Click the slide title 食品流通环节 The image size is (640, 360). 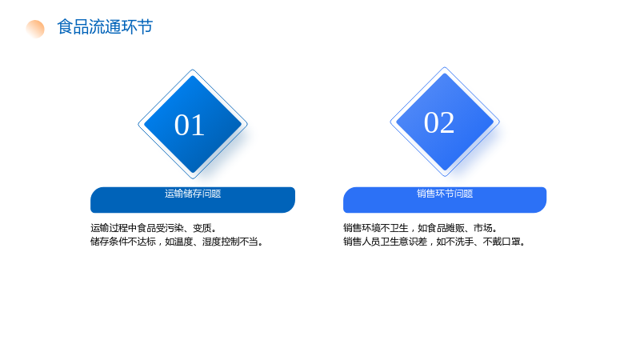pyautogui.click(x=105, y=27)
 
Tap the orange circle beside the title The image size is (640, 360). pyautogui.click(x=35, y=29)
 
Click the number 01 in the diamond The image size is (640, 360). pyautogui.click(x=190, y=125)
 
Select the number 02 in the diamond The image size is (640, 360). pyautogui.click(x=439, y=122)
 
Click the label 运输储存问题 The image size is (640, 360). pyautogui.click(x=193, y=194)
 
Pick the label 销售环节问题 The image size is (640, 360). pyautogui.click(x=445, y=194)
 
